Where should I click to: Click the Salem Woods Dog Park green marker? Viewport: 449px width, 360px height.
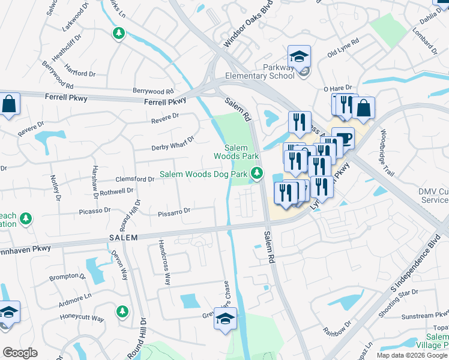point(257,174)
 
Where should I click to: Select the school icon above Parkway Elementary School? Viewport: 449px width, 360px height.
point(299,57)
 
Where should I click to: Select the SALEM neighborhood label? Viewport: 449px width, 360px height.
point(124,238)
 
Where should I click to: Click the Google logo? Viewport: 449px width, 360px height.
point(20,353)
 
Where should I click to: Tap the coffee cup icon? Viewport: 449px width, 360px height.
point(343,138)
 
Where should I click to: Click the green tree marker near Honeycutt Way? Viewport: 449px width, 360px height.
point(122,311)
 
